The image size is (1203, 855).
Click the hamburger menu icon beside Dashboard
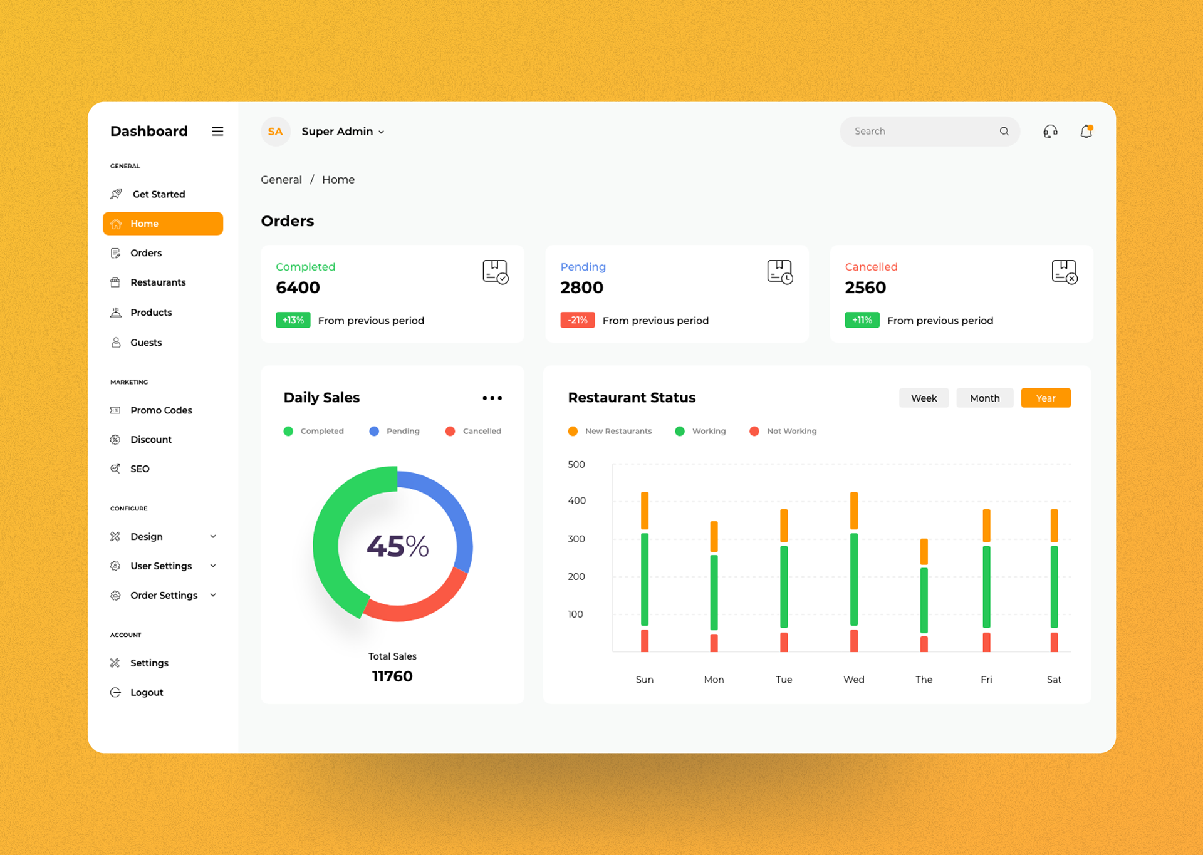point(217,131)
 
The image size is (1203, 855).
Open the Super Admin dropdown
point(343,132)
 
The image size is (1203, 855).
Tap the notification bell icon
point(1086,132)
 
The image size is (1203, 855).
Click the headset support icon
point(1050,132)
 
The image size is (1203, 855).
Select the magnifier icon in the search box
point(1004,131)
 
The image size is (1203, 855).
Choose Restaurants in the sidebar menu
point(158,282)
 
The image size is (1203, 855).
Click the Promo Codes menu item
point(161,410)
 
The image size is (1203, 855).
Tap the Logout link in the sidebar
point(147,692)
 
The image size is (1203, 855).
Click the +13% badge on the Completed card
point(293,320)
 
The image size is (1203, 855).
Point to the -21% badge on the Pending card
point(577,320)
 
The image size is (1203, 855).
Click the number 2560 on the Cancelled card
point(865,288)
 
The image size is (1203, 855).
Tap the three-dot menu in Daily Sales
point(492,398)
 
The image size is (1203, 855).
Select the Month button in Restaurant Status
point(984,398)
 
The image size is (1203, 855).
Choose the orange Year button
point(1045,398)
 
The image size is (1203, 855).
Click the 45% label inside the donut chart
point(397,546)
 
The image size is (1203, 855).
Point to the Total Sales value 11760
point(392,676)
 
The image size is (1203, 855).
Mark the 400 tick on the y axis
point(576,500)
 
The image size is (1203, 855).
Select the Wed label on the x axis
point(853,680)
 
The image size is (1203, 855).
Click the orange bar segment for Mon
point(714,536)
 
